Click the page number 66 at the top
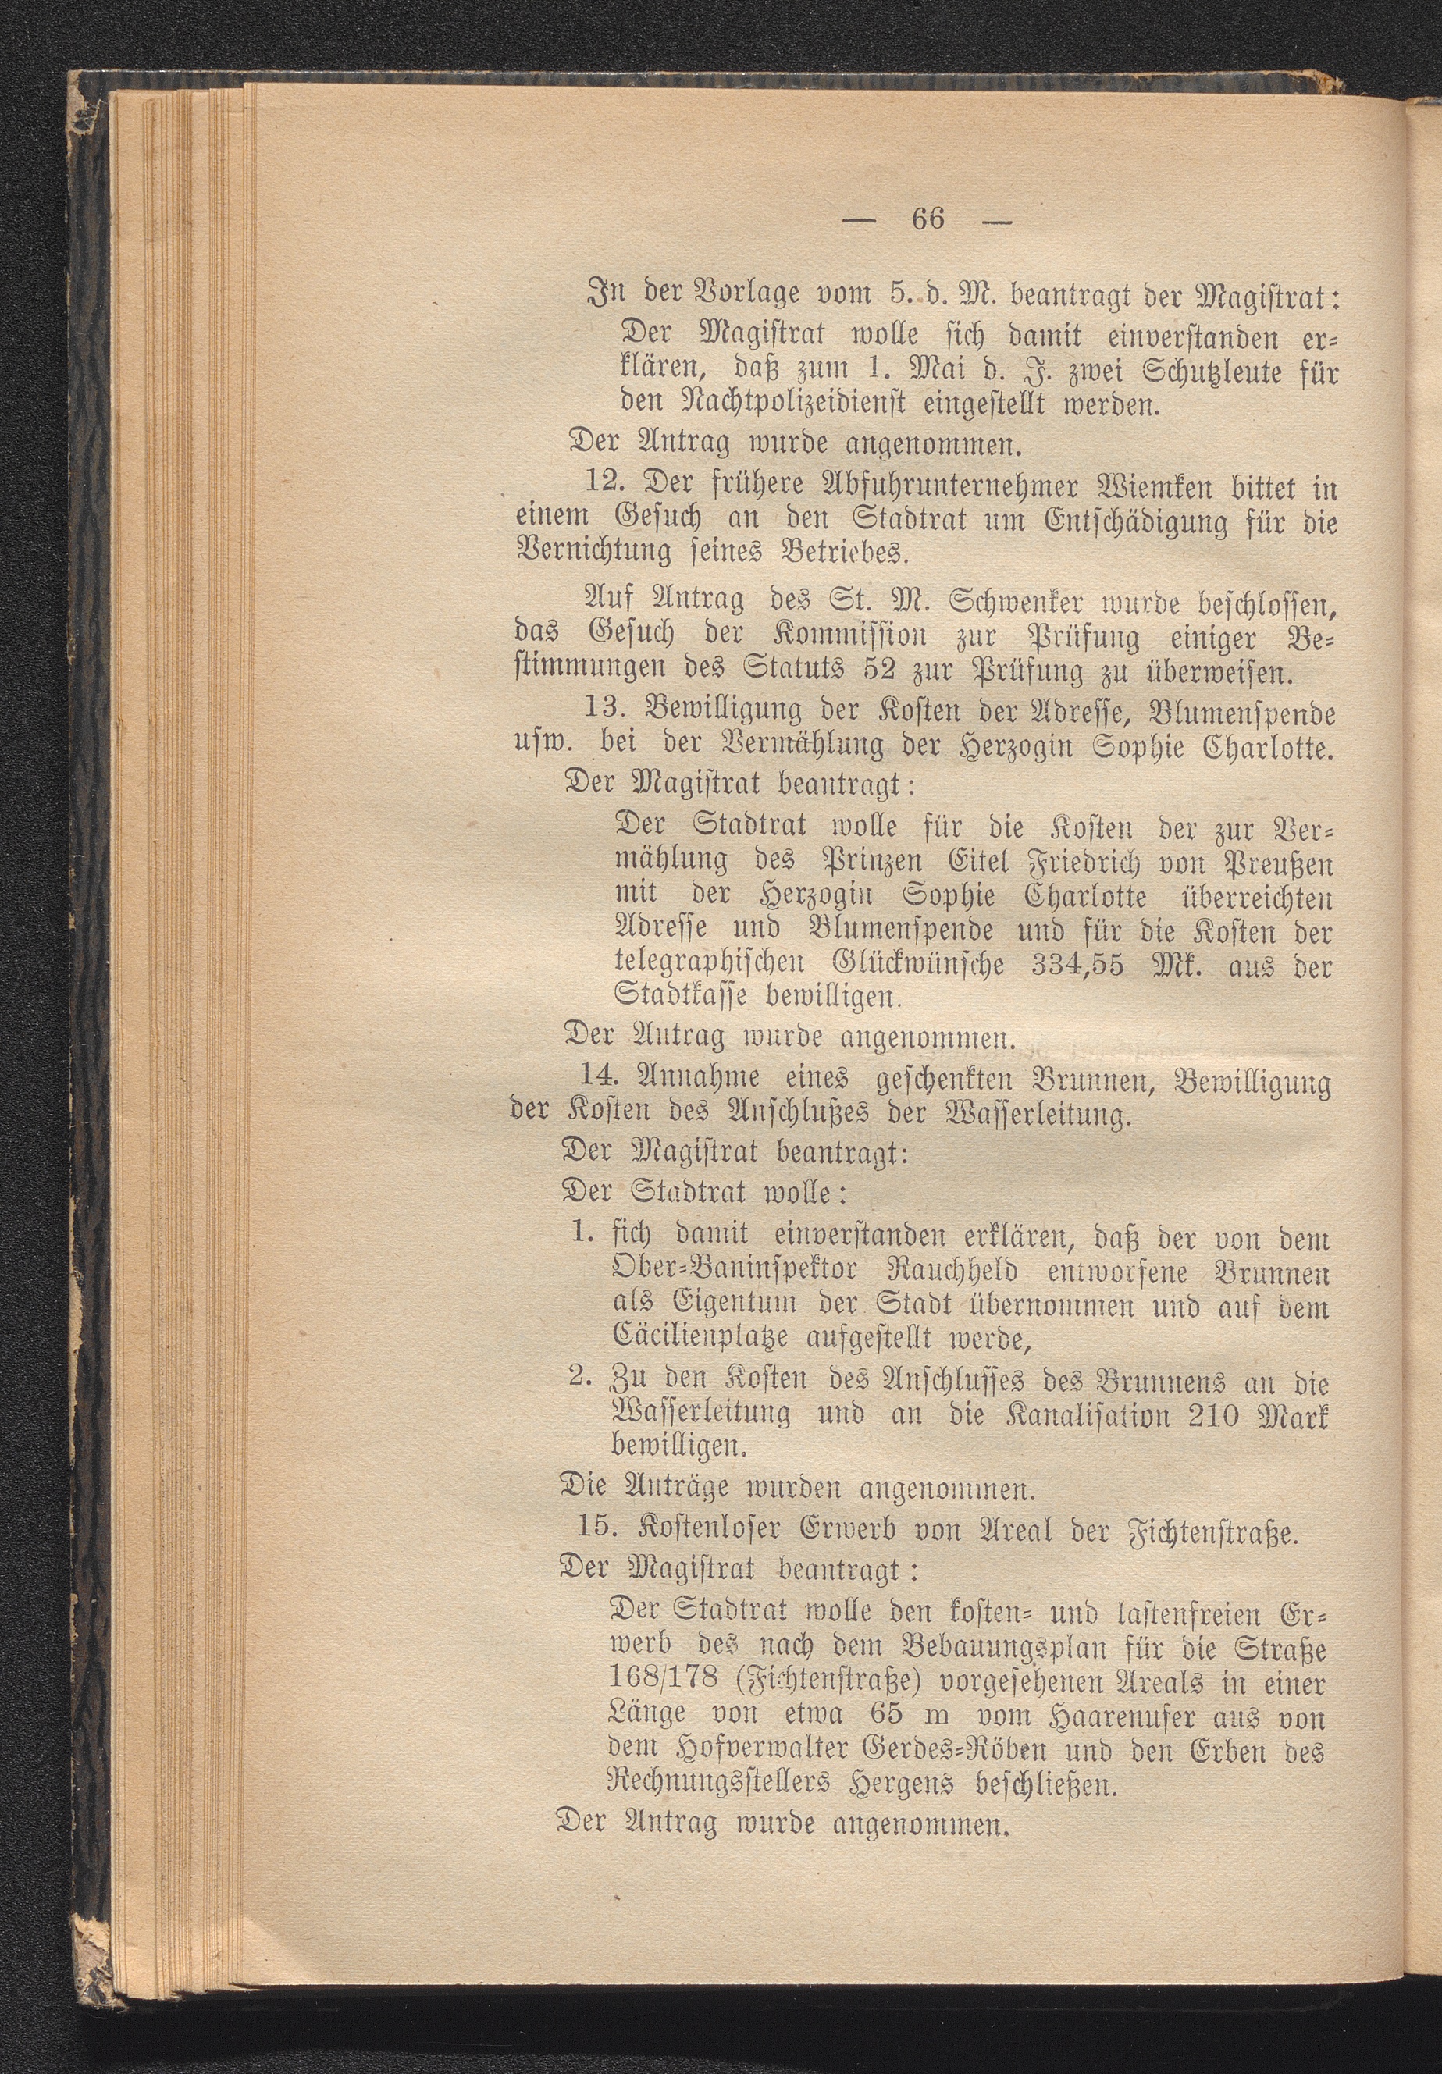pyautogui.click(x=929, y=219)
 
